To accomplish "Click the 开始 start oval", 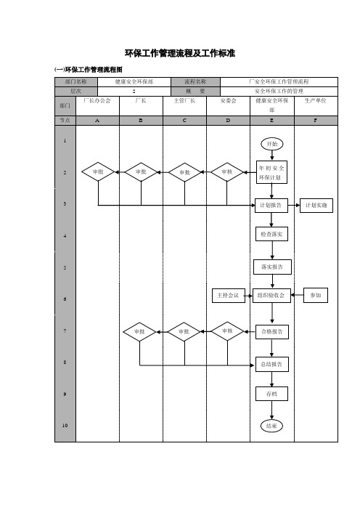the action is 272,144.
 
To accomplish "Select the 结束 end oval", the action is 271,426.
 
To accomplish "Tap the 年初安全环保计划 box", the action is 271,172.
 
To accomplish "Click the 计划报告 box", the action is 271,206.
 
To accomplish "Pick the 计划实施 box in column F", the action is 316,206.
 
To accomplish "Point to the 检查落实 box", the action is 271,234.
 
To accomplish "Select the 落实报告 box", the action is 272,267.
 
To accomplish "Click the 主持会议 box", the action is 229,296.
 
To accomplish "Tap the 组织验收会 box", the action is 271,296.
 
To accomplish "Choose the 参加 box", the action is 316,296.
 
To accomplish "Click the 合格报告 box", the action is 272,332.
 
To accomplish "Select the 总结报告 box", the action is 271,364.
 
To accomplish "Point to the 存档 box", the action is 271,394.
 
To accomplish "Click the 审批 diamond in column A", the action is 98,171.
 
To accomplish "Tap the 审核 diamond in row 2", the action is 227,171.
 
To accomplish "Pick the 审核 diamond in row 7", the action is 227,331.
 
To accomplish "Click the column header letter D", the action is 228,121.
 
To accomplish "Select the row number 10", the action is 65,426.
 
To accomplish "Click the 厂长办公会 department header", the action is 97,101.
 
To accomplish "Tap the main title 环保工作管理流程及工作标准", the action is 180,53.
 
